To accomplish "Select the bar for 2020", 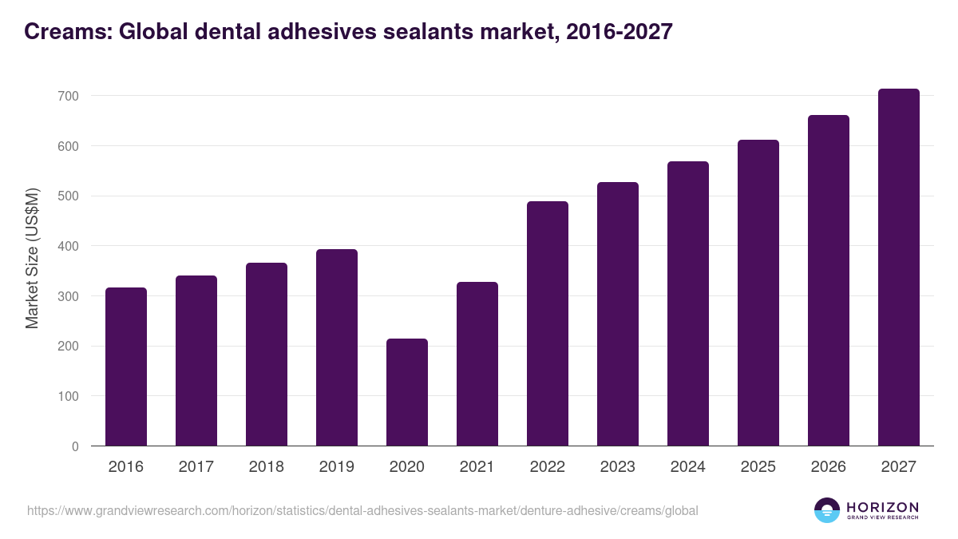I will click(407, 392).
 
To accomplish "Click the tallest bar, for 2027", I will click(899, 268).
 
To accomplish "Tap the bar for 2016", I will click(126, 367).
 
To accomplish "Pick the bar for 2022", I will click(548, 323).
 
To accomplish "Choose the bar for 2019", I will click(337, 347).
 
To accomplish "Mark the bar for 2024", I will click(688, 303).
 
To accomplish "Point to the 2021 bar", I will click(477, 363).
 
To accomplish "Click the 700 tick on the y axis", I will click(69, 96).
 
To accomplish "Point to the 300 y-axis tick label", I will click(69, 296).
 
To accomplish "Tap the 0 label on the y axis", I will click(75, 446).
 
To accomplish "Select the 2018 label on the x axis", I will click(267, 467).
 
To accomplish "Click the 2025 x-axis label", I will click(758, 467).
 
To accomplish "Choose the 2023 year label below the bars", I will click(618, 467).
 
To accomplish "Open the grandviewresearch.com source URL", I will click(362, 510).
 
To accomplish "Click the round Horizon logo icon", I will click(827, 510).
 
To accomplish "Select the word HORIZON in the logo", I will click(882, 506).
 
